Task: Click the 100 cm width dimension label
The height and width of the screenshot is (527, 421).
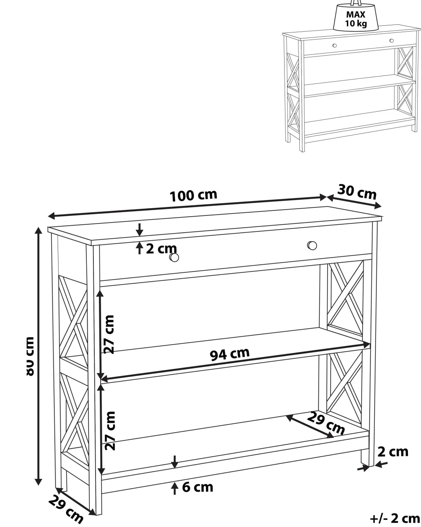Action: (193, 196)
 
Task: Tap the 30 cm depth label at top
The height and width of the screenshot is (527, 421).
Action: (357, 192)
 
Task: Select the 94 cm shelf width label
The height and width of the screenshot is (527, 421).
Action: (230, 354)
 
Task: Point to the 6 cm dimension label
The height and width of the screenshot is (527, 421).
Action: (197, 487)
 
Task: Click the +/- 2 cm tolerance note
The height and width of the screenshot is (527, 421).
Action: (395, 518)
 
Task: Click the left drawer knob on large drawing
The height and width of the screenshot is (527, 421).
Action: (174, 257)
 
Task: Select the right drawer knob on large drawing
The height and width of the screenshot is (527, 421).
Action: (312, 245)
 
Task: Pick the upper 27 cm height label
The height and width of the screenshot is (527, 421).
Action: (109, 334)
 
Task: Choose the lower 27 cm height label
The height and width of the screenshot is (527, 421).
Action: (110, 431)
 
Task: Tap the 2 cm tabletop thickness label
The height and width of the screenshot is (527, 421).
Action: (161, 249)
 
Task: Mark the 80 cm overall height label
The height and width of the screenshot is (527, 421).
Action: (30, 356)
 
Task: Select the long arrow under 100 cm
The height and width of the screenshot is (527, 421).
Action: (187, 207)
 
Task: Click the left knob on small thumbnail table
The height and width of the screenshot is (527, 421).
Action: (335, 45)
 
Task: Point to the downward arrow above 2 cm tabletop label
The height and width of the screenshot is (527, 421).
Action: (139, 229)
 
